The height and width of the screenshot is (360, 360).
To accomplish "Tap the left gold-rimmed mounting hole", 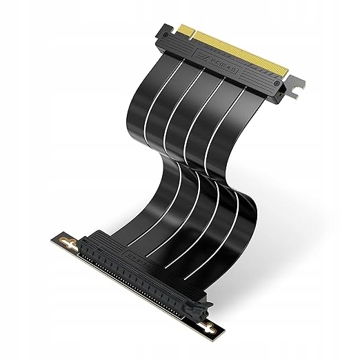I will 68,241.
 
